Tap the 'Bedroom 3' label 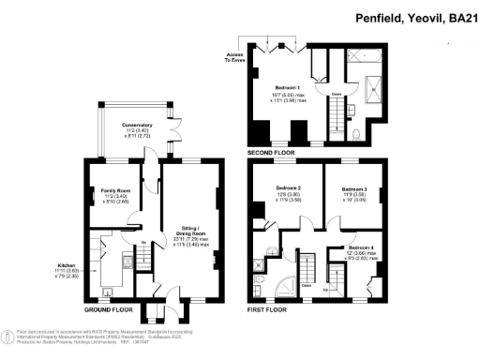point(354,188)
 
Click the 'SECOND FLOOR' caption point(271,151)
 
